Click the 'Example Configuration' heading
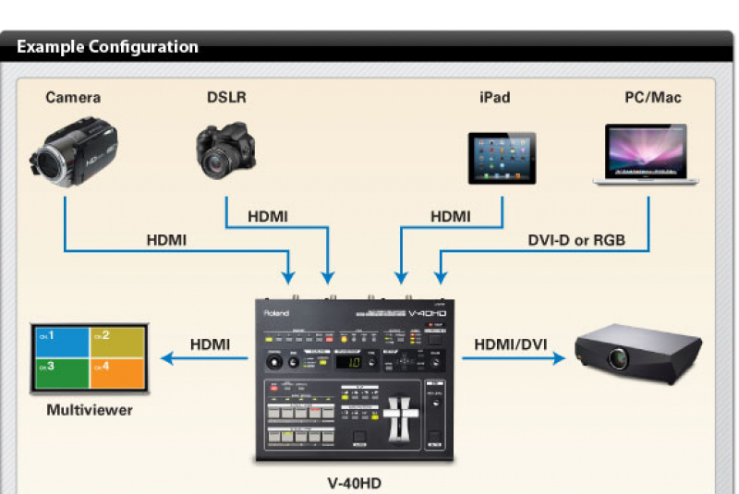click(x=107, y=46)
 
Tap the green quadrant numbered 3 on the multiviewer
click(x=61, y=372)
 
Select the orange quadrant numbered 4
click(x=119, y=372)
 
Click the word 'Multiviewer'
click(x=90, y=409)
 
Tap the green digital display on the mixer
click(x=350, y=362)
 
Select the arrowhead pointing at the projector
click(x=559, y=356)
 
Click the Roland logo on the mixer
click(x=278, y=312)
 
